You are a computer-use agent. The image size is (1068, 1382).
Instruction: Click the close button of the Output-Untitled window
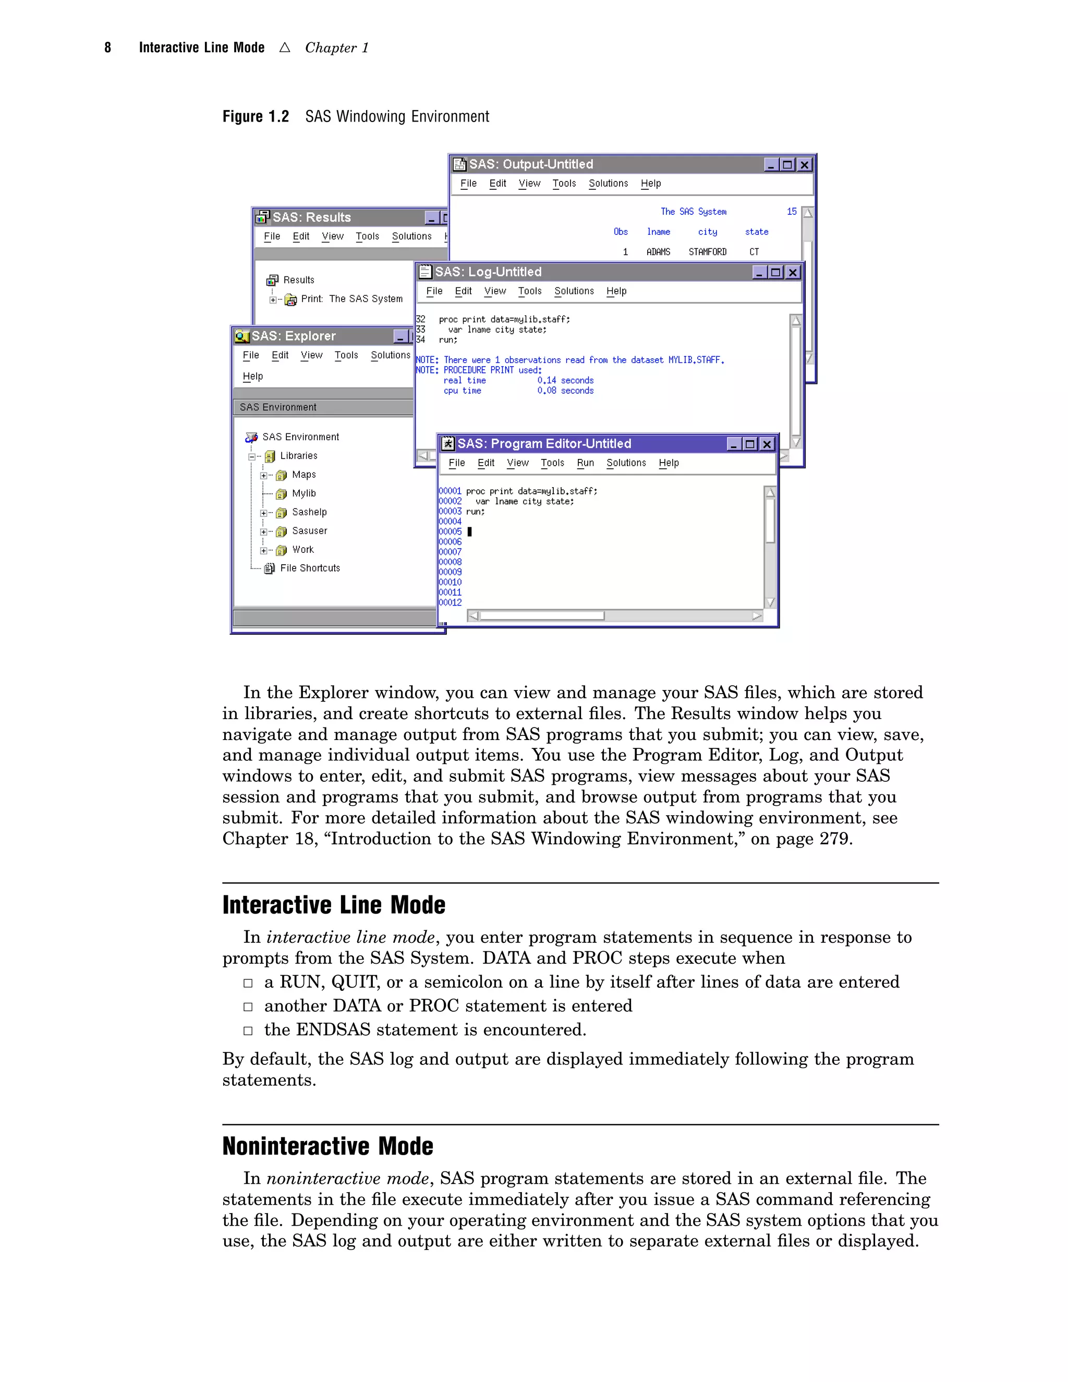(x=804, y=164)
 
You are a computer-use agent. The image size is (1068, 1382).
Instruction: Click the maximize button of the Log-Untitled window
(x=775, y=272)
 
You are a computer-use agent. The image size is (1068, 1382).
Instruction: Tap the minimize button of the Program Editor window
(x=733, y=444)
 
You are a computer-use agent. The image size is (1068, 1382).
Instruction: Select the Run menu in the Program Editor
(x=585, y=463)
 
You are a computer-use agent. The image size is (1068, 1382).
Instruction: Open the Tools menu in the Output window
(x=564, y=184)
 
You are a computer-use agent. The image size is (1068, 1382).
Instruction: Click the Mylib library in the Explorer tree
(x=304, y=493)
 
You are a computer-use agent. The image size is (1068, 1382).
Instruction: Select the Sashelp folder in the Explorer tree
(x=309, y=512)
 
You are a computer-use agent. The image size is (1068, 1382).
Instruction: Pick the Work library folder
(x=302, y=550)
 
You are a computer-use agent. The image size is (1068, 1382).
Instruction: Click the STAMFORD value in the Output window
(x=707, y=252)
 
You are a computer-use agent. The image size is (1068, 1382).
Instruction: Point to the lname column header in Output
(x=658, y=232)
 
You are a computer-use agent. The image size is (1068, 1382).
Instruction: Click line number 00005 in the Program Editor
(x=450, y=531)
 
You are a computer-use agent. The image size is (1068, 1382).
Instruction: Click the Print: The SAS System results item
(x=351, y=299)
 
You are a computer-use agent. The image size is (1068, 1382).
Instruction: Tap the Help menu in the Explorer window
(x=252, y=377)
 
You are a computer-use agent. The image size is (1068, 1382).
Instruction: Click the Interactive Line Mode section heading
(x=333, y=905)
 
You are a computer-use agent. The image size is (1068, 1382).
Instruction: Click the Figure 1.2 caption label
(x=256, y=117)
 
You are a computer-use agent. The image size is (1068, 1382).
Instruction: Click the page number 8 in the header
(x=107, y=48)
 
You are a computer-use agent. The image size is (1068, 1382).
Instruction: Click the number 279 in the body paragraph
(x=834, y=839)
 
